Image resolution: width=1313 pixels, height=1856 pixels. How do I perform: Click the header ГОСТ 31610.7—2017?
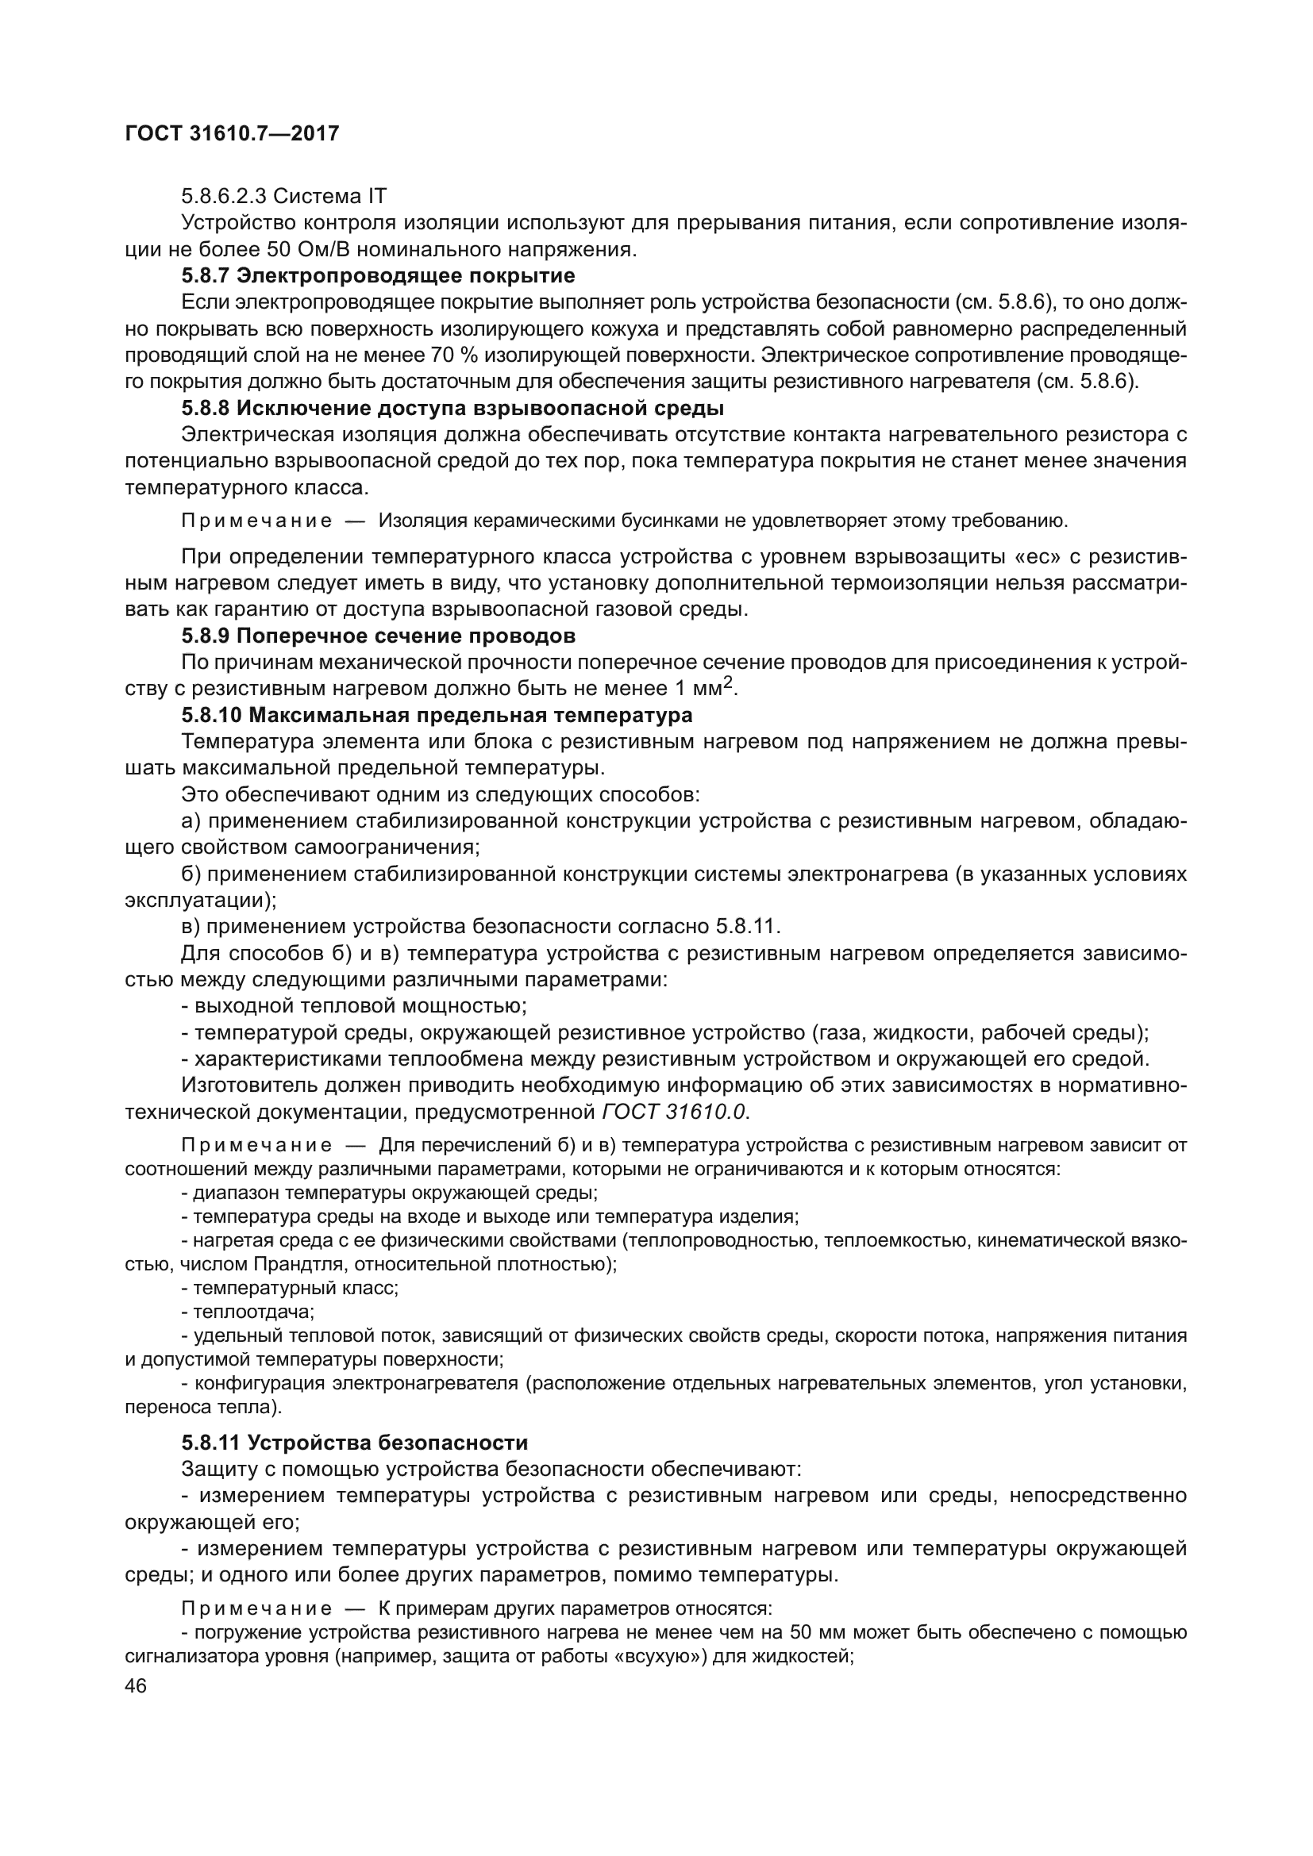232,134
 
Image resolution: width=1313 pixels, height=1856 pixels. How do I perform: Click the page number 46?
136,1686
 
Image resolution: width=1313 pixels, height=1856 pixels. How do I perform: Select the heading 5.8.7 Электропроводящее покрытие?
378,275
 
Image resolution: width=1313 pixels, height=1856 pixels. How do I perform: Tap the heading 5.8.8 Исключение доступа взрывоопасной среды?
452,407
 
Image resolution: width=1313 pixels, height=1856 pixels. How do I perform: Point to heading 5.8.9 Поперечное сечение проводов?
378,636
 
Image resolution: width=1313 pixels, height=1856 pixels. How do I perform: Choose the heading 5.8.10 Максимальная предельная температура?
437,716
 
